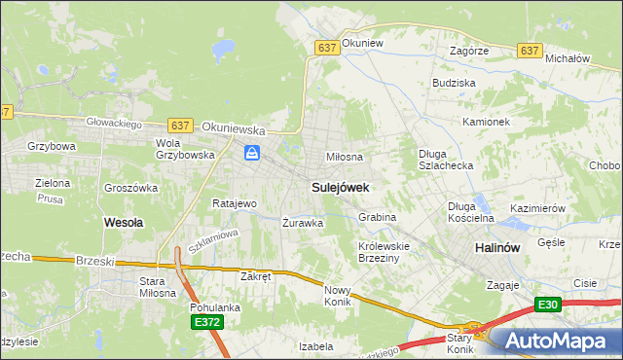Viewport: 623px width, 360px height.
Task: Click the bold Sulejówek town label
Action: click(x=340, y=185)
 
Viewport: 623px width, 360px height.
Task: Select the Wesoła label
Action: click(x=124, y=222)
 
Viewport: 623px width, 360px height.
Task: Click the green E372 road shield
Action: click(x=206, y=322)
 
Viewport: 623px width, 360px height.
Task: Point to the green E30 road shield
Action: click(x=547, y=305)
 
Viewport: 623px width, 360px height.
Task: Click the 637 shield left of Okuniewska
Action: click(x=179, y=126)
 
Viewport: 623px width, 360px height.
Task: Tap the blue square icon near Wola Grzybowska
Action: click(x=252, y=153)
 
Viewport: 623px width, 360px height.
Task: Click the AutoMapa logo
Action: click(x=555, y=341)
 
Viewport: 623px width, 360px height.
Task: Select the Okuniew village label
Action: click(x=364, y=45)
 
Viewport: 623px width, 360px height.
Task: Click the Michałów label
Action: click(x=568, y=58)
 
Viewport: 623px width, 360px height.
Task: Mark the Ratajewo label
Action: click(x=234, y=204)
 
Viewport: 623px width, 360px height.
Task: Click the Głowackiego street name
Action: click(x=115, y=124)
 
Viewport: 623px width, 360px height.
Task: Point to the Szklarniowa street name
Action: click(x=213, y=241)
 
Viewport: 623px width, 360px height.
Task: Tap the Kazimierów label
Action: click(x=537, y=208)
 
